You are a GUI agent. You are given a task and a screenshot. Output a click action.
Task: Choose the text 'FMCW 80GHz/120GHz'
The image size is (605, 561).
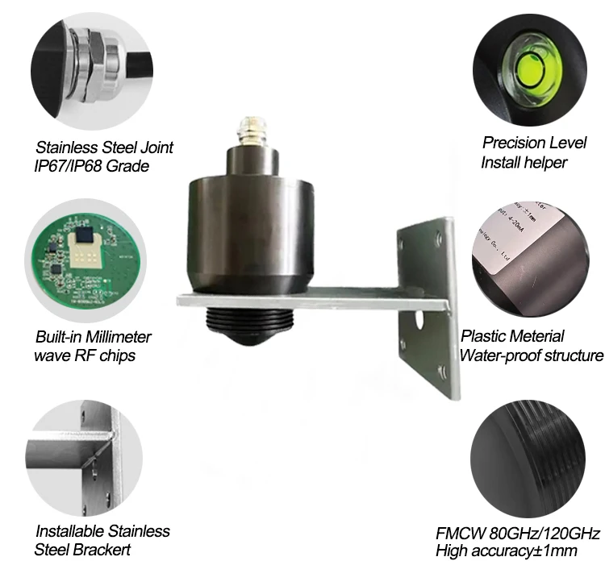518,534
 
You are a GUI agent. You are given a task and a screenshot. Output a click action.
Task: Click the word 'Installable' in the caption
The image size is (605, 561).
77,531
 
